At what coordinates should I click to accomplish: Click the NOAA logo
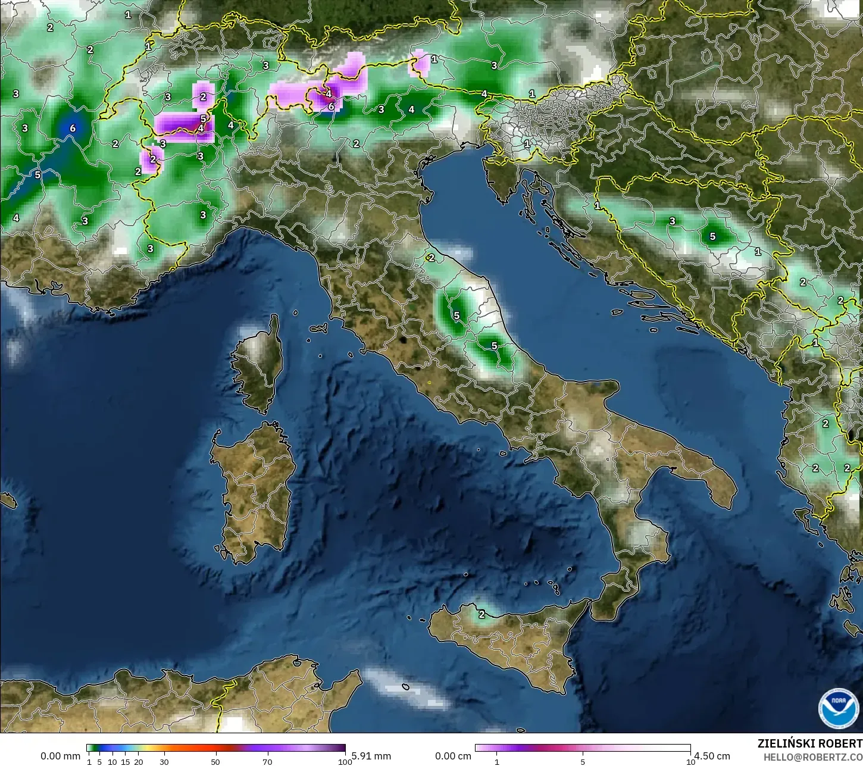coord(838,708)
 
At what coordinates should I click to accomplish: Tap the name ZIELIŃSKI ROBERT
coord(809,744)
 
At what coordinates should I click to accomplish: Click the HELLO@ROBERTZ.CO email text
coord(812,757)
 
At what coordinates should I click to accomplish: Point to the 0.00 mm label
coord(60,756)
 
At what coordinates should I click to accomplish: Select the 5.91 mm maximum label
coord(371,756)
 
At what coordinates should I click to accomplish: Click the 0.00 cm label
coord(453,756)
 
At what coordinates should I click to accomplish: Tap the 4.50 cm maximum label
coord(712,756)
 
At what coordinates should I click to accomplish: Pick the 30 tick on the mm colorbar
coord(164,761)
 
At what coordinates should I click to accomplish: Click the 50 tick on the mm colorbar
coord(215,761)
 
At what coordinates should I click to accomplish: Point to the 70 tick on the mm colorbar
coord(267,761)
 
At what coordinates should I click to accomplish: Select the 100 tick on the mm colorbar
coord(344,761)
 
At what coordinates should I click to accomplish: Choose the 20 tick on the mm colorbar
coord(139,761)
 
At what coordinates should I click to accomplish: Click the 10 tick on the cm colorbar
coord(690,761)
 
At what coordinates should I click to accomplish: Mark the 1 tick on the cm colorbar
coord(497,761)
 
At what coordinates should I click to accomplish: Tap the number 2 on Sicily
coord(481,614)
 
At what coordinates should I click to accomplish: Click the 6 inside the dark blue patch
coord(73,128)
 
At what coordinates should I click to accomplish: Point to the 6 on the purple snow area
coord(332,107)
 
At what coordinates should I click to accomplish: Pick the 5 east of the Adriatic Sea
coord(712,237)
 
